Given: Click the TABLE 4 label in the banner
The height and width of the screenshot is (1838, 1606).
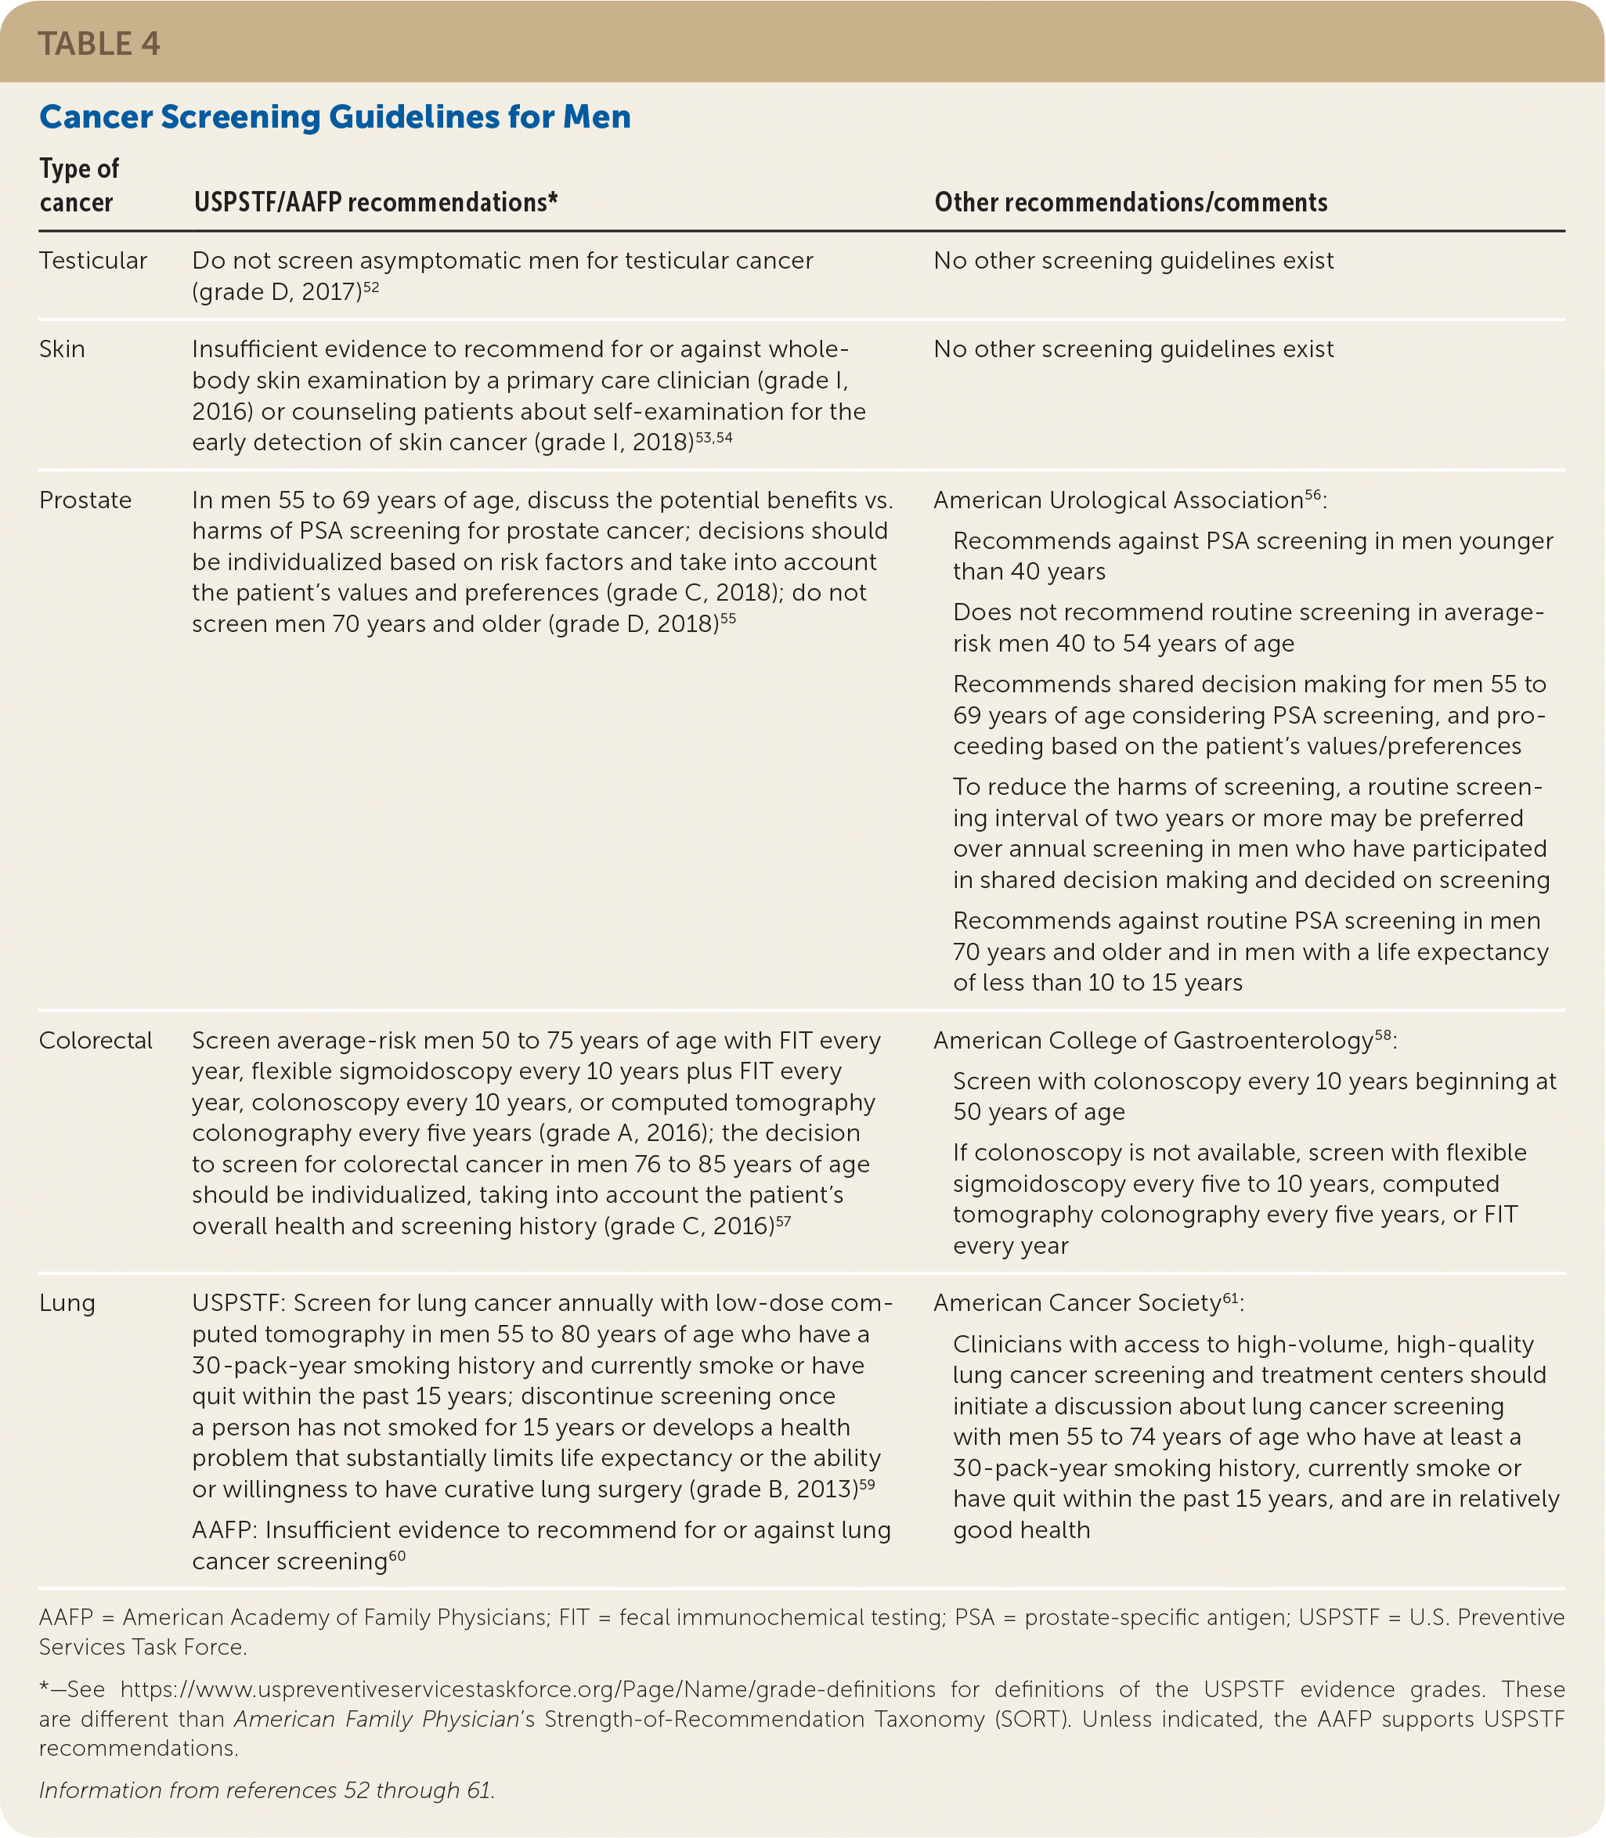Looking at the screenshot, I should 99,44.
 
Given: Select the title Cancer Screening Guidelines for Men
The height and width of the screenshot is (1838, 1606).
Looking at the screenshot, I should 334,117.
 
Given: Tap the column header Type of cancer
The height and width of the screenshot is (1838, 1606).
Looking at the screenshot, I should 79,185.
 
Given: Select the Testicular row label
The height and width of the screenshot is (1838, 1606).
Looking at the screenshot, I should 92,261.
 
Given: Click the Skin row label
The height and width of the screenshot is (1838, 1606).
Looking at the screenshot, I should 62,348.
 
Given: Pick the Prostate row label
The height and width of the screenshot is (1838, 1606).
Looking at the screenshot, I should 85,500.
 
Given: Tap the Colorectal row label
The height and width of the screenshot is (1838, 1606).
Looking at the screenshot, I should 95,1041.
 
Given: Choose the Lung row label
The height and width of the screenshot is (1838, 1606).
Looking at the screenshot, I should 67,1303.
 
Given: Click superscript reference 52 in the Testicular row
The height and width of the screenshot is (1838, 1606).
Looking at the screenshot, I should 371,287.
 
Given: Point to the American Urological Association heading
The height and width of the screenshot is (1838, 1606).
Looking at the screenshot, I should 1117,500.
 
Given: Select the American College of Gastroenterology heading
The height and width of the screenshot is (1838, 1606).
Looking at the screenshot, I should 1153,1041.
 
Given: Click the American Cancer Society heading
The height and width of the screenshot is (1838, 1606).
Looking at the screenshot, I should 1077,1303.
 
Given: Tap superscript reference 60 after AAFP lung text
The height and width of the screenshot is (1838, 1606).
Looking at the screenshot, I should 397,1556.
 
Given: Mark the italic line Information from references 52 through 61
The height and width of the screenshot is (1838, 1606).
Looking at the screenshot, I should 266,1790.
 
